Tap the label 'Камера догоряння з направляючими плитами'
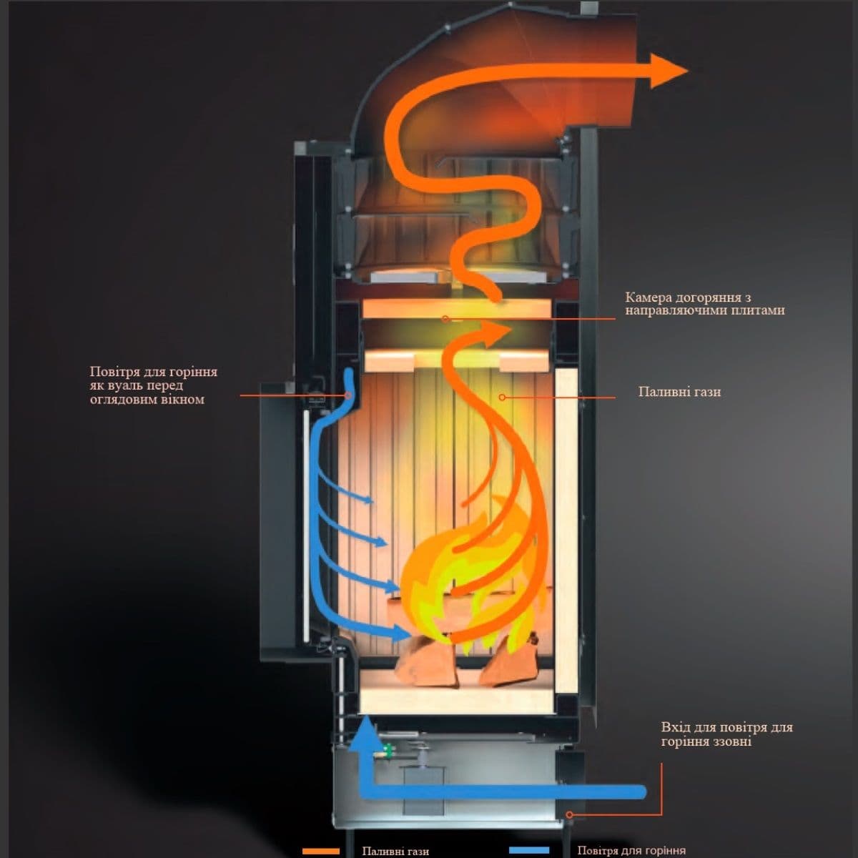pyautogui.click(x=704, y=304)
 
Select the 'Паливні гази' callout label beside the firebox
pyautogui.click(x=679, y=392)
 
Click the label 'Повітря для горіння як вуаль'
pyautogui.click(x=153, y=385)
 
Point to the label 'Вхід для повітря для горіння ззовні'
pyautogui.click(x=726, y=734)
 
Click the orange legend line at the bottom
pyautogui.click(x=320, y=851)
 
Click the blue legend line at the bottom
pyautogui.click(x=529, y=851)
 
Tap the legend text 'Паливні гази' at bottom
pyautogui.click(x=395, y=851)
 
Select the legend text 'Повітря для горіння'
pyautogui.click(x=631, y=851)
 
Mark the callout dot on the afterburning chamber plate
pyautogui.click(x=445, y=318)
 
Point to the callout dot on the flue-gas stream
pyautogui.click(x=502, y=396)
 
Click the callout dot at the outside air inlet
pyautogui.click(x=570, y=814)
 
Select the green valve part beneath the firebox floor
pyautogui.click(x=388, y=751)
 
